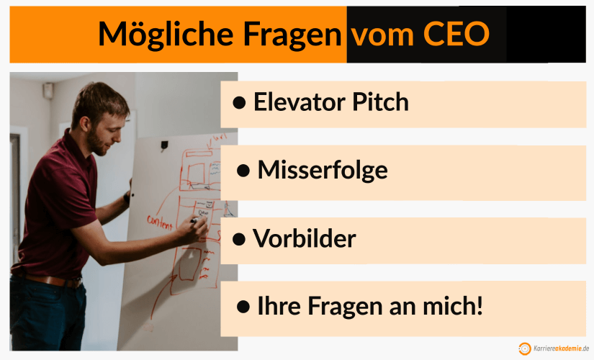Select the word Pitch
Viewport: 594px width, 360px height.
[379, 102]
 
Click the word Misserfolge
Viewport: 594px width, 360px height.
[322, 170]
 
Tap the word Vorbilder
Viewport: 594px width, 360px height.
[305, 238]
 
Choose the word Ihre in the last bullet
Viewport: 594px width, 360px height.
[280, 306]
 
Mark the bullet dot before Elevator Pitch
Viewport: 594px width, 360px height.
[240, 103]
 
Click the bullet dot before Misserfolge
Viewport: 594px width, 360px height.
[243, 171]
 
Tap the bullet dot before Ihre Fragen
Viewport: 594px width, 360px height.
[243, 307]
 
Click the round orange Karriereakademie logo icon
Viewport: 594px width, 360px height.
[525, 348]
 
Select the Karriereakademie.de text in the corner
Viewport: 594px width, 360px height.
[562, 348]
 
